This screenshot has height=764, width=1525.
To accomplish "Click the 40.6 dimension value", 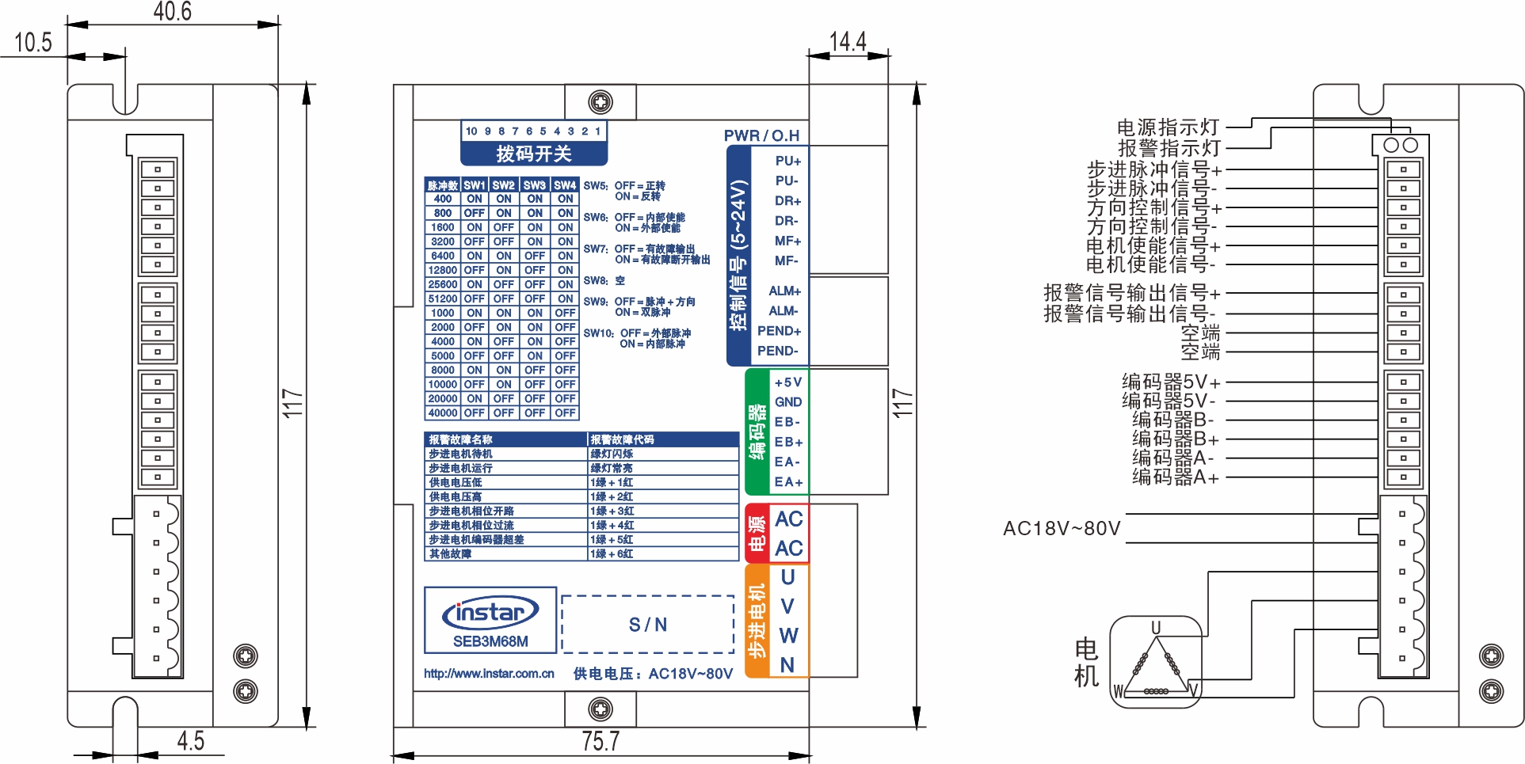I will coord(172,12).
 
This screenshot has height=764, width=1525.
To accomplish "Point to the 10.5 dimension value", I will coord(33,42).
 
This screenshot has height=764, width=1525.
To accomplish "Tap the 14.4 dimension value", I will coord(848,41).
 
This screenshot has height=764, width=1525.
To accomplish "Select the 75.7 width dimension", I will coord(600,741).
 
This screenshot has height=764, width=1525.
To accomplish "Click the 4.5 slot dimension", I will coord(190,741).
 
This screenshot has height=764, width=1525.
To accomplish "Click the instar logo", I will coord(490,612).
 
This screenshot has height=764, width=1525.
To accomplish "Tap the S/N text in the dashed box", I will coord(648,625).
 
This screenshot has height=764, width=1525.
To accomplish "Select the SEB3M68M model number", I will coord(490,641).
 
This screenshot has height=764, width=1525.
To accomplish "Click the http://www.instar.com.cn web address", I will coord(489,674).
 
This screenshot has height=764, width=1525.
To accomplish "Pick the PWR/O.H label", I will coord(761,135).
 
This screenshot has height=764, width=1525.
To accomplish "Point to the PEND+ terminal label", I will coord(779,331).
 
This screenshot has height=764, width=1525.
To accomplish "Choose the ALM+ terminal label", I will coord(784,291).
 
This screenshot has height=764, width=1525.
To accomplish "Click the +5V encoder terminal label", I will coord(788,382).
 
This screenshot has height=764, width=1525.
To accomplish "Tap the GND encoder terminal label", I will coord(788,402).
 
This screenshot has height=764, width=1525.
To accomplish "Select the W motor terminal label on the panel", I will coord(788,636).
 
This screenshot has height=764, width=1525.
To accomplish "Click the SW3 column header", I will coord(535,185).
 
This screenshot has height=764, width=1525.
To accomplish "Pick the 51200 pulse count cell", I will coord(443,299).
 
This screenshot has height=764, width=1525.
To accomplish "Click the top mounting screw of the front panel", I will coord(600,102).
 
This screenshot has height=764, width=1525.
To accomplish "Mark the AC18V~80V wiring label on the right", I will coord(1062,528).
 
